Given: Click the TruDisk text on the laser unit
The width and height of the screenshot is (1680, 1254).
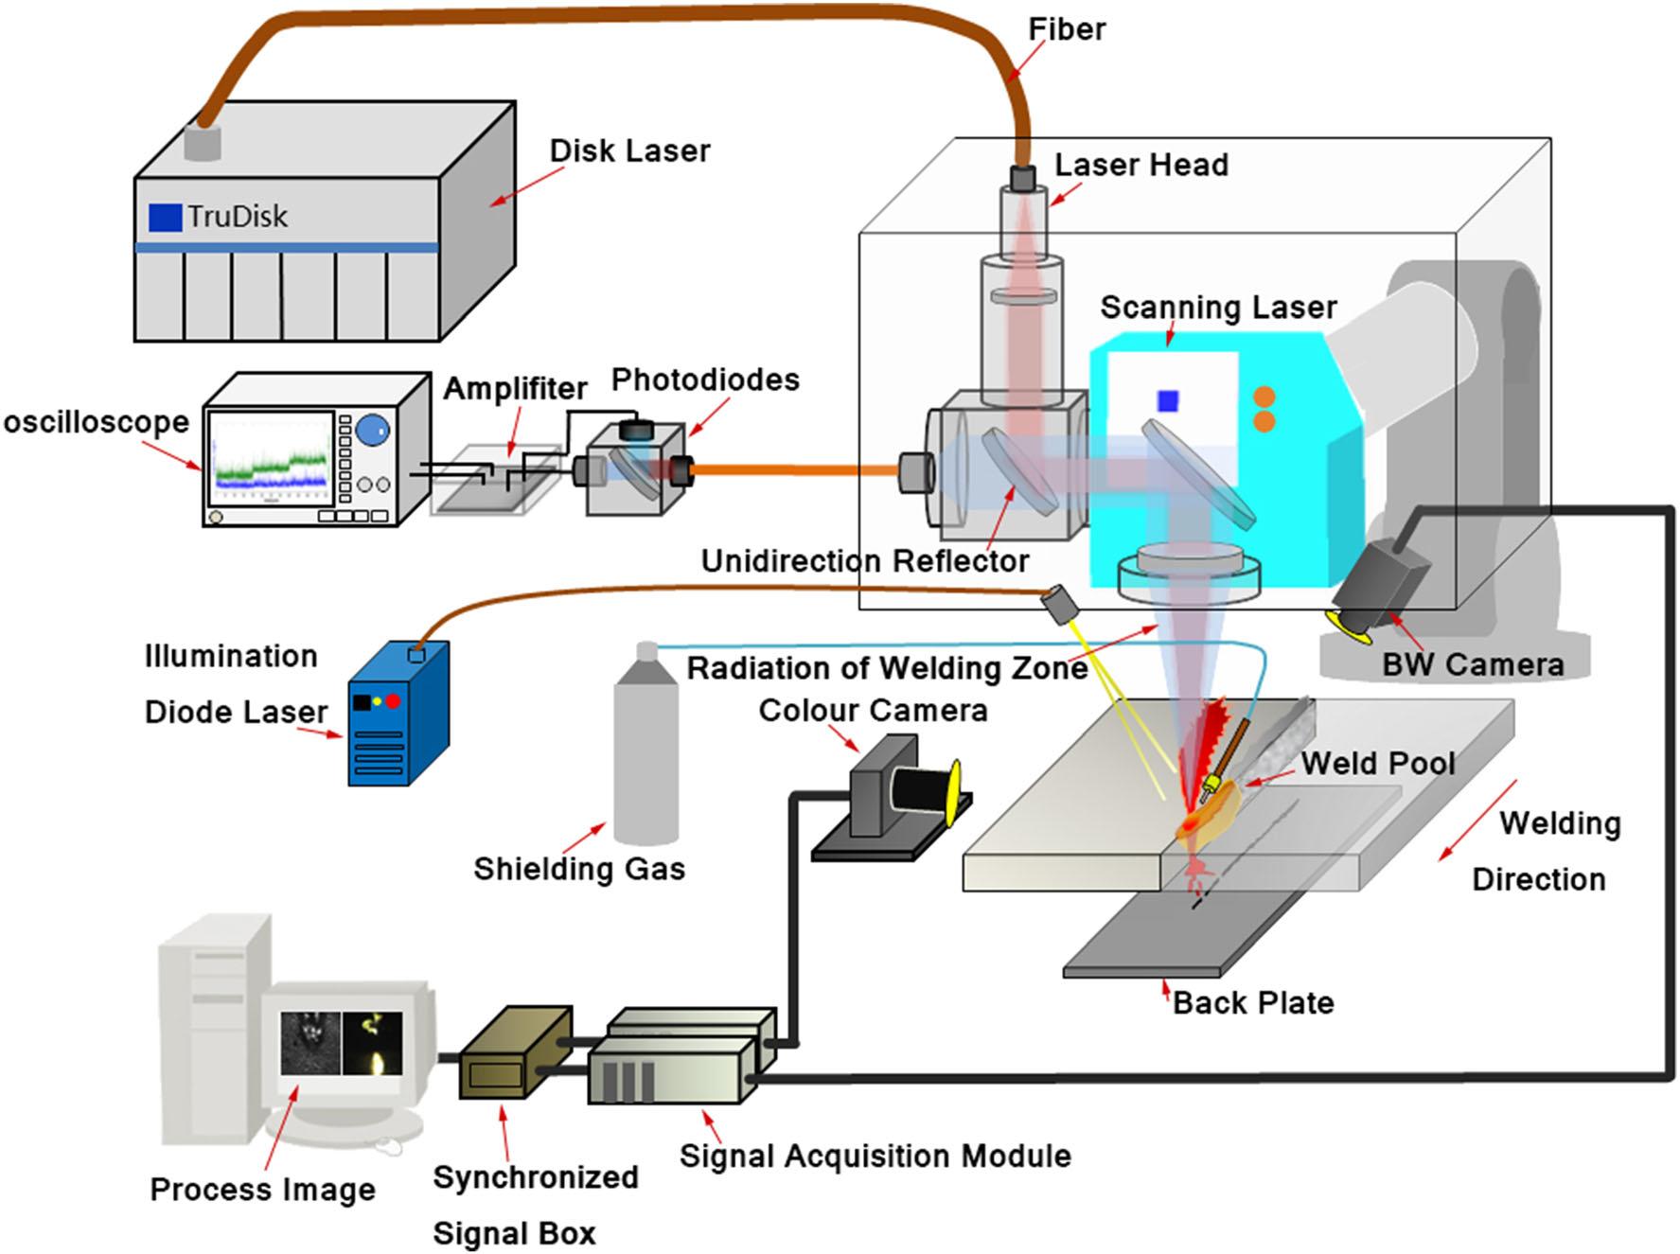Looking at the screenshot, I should pos(237,217).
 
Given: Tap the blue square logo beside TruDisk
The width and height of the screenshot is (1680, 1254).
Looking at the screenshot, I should pos(165,218).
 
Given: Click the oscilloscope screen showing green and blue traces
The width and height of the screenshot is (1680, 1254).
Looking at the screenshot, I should pos(270,459).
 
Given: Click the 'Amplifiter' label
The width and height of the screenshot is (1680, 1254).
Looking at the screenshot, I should pos(515,388).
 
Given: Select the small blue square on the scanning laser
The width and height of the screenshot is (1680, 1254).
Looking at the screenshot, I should pos(1168,401).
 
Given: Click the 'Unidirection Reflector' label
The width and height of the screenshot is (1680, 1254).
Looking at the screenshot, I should pos(864,561).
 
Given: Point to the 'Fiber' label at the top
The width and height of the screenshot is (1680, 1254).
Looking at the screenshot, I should pos(1067,29).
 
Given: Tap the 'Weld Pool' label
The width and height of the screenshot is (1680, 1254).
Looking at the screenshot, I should pos(1378,764).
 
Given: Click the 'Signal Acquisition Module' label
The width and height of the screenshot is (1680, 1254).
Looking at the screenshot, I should pos(875,1156).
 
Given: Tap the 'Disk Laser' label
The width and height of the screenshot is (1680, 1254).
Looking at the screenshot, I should pos(629,151).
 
